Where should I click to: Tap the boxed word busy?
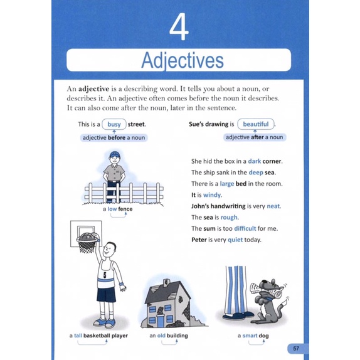[x=114, y=124]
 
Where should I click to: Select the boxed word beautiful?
[x=256, y=124]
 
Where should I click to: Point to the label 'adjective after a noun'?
[x=254, y=137]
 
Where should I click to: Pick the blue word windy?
[x=213, y=195]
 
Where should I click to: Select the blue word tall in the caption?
[x=78, y=336]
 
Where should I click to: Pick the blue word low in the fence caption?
[x=112, y=209]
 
